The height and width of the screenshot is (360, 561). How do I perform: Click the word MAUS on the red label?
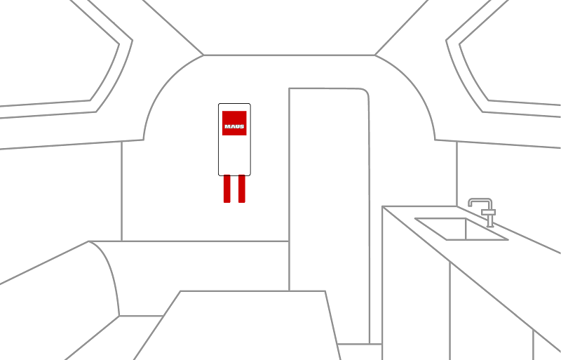click(x=234, y=126)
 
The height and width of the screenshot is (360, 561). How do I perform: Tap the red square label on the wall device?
click(x=234, y=124)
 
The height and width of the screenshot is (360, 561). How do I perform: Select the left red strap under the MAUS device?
click(x=227, y=189)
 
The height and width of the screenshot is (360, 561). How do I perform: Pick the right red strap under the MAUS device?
click(x=242, y=189)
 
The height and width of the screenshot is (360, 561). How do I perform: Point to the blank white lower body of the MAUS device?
click(x=234, y=155)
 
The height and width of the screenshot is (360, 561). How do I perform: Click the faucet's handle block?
click(x=488, y=213)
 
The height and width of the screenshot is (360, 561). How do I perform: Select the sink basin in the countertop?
click(x=461, y=229)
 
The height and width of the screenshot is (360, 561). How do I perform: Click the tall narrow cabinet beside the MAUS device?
click(x=329, y=215)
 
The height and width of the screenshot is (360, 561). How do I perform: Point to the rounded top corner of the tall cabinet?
click(x=365, y=91)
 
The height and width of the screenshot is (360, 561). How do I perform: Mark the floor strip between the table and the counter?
click(x=360, y=352)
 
